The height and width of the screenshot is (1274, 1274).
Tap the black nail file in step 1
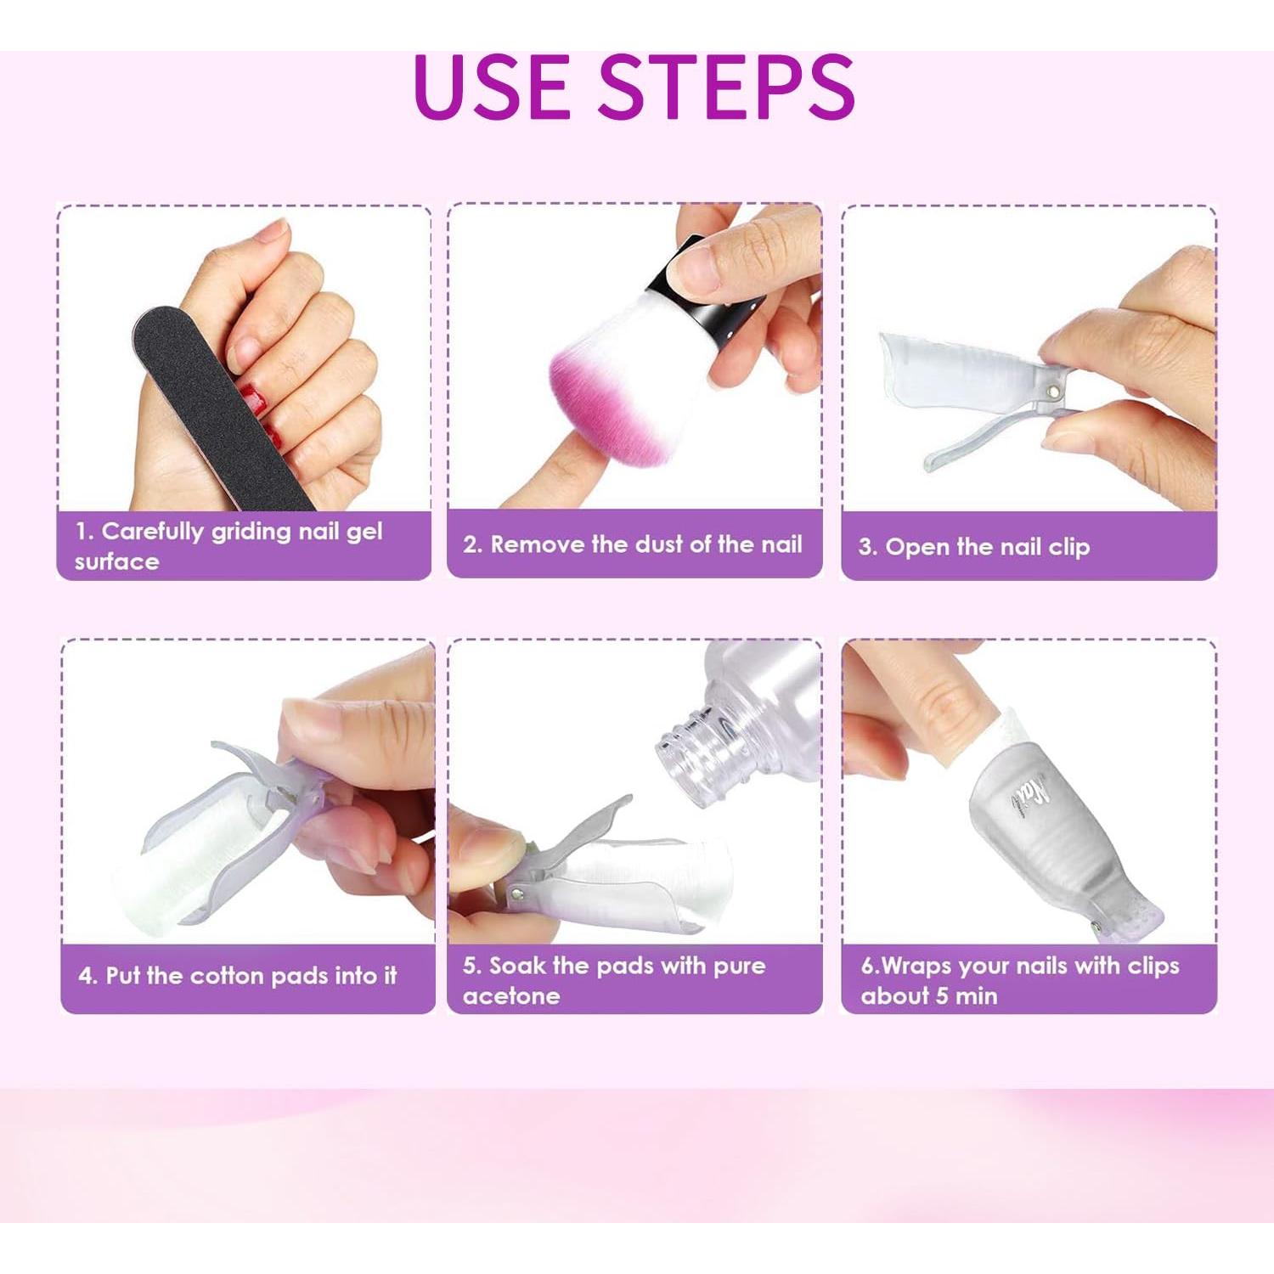pyautogui.click(x=212, y=408)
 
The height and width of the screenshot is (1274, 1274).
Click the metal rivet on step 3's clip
pyautogui.click(x=1054, y=392)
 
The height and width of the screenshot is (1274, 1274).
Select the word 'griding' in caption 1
pyautogui.click(x=251, y=533)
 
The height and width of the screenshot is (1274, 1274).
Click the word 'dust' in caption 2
pyautogui.click(x=658, y=544)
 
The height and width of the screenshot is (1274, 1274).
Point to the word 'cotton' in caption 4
pyautogui.click(x=228, y=976)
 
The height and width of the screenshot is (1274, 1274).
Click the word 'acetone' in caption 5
pyautogui.click(x=510, y=996)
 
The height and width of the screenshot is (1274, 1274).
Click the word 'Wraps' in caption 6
pyautogui.click(x=917, y=967)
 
